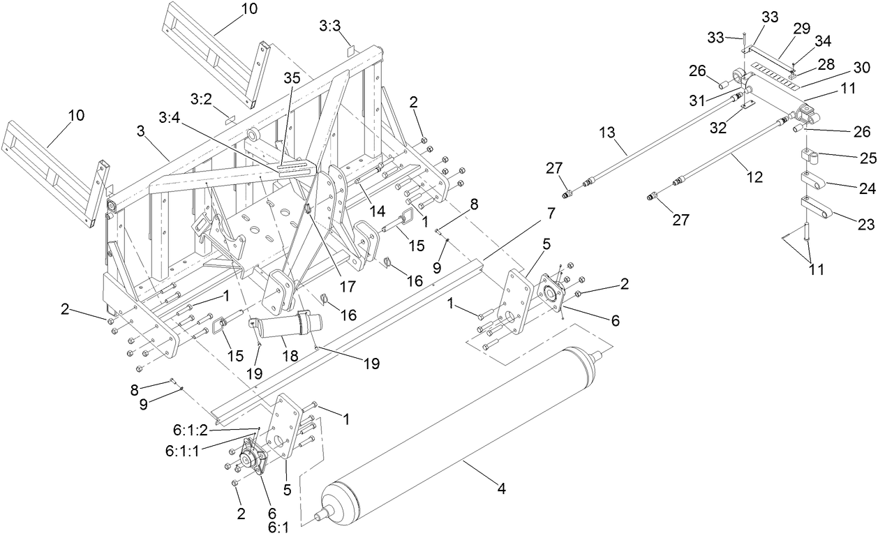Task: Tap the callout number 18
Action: coord(290,356)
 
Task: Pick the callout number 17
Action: coord(346,285)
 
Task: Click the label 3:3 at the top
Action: coord(330,26)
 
